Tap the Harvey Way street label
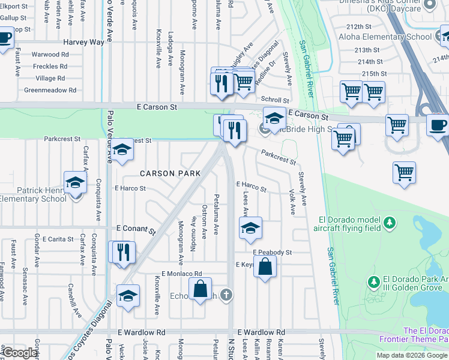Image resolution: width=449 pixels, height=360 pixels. point(84,43)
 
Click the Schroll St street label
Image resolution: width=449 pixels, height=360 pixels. point(274,100)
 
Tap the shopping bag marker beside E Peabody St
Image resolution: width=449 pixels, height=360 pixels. point(265,266)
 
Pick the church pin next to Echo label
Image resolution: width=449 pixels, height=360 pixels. point(226,294)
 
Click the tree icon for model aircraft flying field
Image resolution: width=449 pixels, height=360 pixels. point(390,223)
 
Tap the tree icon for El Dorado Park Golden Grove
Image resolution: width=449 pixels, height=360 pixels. point(374,281)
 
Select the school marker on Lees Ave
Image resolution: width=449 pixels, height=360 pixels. point(250,227)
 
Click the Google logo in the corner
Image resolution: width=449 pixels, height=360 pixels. point(19,353)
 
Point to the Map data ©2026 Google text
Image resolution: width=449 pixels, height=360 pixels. point(411,355)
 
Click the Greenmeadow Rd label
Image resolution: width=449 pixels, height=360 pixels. point(50,91)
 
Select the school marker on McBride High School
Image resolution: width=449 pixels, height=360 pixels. point(274,118)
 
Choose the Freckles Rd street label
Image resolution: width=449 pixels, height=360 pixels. point(50,67)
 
